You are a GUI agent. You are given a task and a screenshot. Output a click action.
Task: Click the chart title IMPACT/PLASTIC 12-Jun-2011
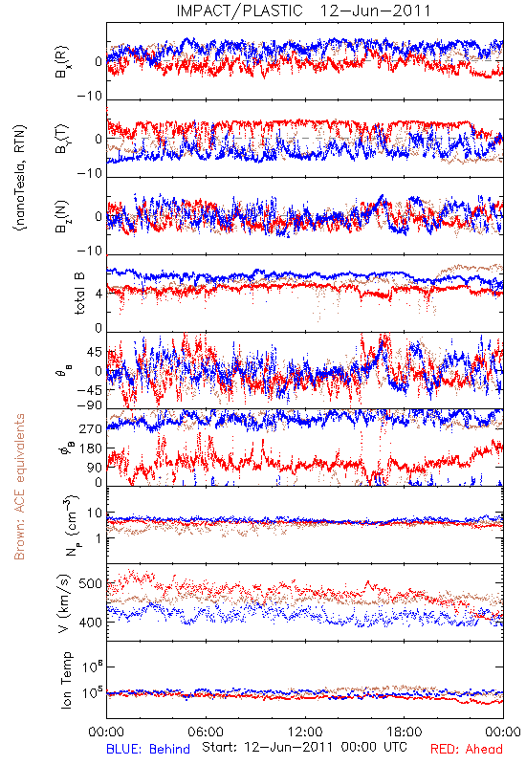point(303,11)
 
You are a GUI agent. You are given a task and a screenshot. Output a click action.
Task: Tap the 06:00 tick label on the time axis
point(206,732)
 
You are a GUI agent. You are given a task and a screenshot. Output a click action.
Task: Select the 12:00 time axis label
point(305,732)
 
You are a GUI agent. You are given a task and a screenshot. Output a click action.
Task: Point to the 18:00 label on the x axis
point(405,732)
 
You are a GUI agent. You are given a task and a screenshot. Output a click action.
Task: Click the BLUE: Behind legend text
point(148,749)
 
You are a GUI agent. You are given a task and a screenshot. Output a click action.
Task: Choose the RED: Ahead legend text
point(467,749)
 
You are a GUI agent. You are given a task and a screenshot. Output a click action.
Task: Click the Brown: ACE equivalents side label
point(19,487)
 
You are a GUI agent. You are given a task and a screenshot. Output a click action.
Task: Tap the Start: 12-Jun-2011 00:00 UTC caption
point(304,747)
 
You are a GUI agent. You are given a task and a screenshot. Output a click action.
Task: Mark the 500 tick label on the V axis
point(90,584)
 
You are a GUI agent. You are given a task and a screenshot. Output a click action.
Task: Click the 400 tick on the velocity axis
point(90,623)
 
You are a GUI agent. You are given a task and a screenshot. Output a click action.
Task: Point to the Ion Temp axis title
point(66,679)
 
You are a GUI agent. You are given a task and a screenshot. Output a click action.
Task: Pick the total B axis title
point(78,294)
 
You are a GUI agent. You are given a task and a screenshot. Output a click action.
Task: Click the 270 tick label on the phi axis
point(91,428)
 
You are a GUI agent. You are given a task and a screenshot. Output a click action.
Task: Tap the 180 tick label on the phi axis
point(91,448)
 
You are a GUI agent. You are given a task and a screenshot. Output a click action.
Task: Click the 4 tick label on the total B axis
point(99,294)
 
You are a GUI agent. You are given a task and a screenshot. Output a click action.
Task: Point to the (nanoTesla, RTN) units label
point(20,178)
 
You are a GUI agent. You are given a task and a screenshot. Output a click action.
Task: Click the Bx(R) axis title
point(62,61)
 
